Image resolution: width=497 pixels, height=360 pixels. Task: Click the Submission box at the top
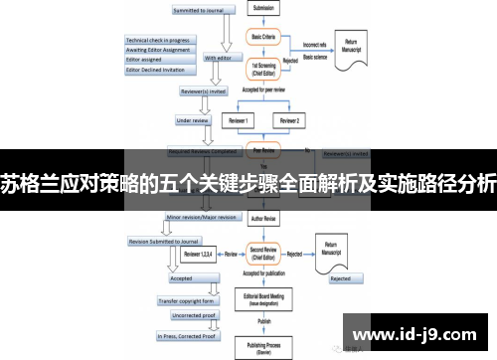(265, 9)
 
